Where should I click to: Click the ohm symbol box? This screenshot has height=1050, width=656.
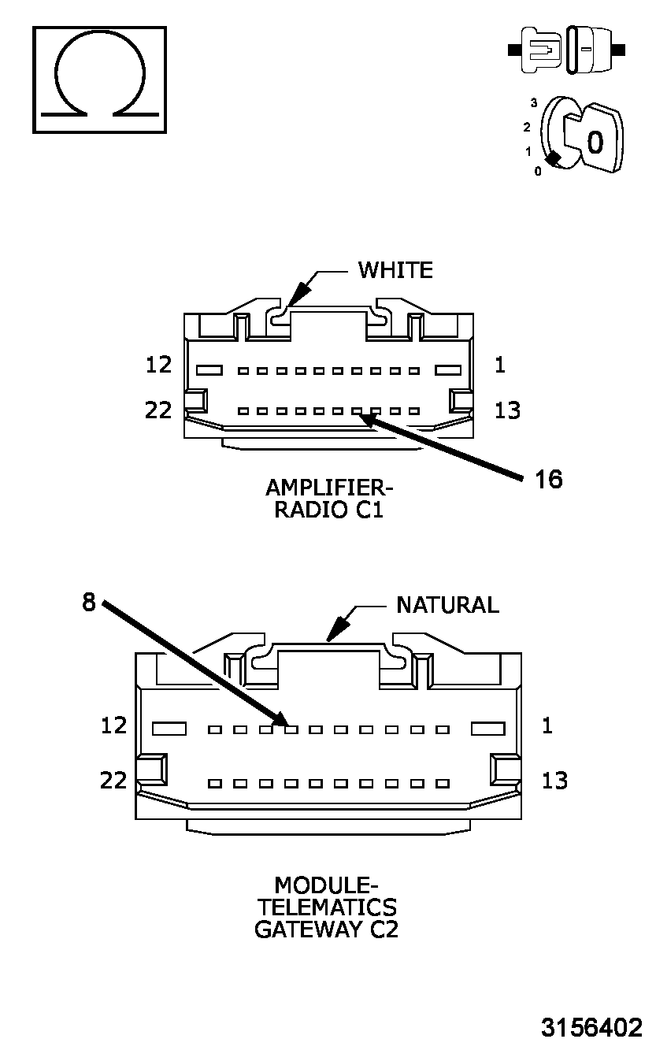click(x=99, y=79)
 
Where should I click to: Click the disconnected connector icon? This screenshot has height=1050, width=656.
click(x=567, y=50)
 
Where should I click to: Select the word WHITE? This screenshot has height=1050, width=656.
click(x=395, y=270)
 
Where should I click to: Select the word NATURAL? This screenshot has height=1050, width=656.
click(x=447, y=605)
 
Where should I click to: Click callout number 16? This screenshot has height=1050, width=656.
click(x=549, y=479)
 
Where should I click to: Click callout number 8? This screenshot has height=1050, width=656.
click(x=88, y=603)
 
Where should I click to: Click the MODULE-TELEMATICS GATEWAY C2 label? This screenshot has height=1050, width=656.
click(x=326, y=907)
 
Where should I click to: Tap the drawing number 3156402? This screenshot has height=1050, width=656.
click(x=591, y=1027)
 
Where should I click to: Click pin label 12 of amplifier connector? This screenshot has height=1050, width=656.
click(x=159, y=365)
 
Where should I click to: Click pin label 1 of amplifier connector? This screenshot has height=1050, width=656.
click(x=501, y=365)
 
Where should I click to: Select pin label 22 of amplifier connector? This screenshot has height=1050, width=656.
click(x=159, y=410)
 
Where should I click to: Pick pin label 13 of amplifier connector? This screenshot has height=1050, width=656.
click(x=507, y=410)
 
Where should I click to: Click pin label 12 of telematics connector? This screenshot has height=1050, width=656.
click(x=113, y=725)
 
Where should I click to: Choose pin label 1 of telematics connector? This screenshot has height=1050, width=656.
click(x=547, y=725)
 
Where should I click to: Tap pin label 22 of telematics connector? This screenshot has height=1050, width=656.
click(x=113, y=781)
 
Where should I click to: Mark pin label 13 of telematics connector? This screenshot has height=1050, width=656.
click(x=554, y=781)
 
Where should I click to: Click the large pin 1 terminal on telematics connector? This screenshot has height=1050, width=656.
click(x=487, y=729)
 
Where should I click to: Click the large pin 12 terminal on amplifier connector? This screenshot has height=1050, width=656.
click(x=209, y=370)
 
